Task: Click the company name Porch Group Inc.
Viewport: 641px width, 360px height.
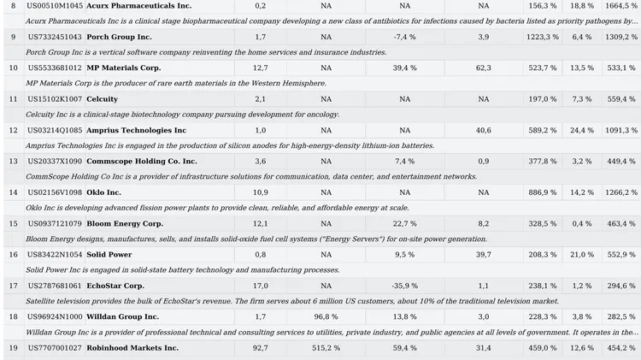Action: tap(119, 37)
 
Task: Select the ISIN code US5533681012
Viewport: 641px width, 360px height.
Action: tap(55, 68)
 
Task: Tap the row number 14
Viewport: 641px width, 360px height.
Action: tap(14, 192)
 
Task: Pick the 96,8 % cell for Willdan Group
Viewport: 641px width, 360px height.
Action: tap(326, 316)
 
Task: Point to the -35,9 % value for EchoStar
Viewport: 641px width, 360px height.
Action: tap(405, 286)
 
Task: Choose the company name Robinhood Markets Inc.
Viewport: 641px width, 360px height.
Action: tap(132, 348)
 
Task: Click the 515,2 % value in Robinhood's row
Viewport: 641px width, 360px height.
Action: tap(326, 348)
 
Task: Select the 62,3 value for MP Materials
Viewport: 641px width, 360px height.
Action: tap(483, 68)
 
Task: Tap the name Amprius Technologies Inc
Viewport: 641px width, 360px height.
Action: tap(136, 130)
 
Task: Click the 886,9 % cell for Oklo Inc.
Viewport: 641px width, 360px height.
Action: tap(542, 192)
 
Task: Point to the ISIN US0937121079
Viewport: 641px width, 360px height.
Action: tap(55, 223)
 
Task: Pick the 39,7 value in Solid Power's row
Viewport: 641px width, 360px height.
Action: tap(483, 255)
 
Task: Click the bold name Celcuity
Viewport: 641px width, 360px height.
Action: tap(103, 99)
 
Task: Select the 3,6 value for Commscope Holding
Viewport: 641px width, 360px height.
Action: tap(261, 161)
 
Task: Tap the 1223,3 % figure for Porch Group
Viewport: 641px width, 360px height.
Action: tap(542, 37)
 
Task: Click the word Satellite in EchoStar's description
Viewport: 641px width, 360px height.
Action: tap(38, 301)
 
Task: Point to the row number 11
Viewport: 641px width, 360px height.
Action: tap(14, 99)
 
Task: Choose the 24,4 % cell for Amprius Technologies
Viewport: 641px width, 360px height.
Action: tap(582, 130)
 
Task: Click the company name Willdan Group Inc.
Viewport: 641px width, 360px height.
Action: tap(122, 316)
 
